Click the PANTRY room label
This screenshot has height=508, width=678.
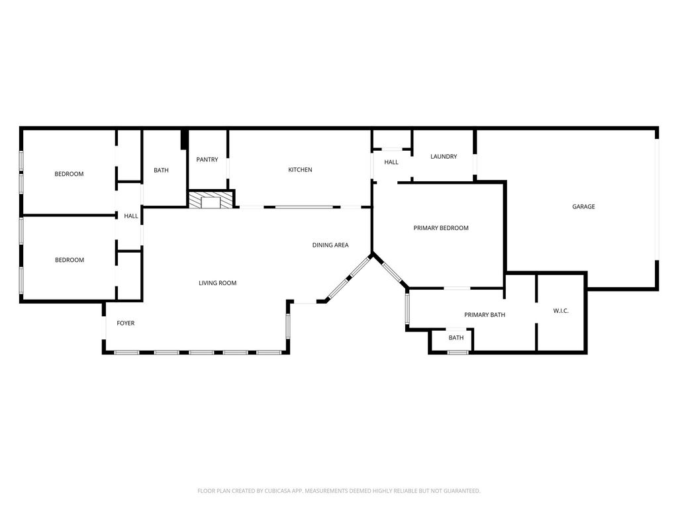pos(207,159)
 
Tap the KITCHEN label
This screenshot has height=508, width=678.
pos(300,170)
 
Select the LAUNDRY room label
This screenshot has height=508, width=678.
pos(444,156)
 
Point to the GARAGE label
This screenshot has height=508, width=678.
pos(583,206)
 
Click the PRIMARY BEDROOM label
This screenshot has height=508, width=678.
pos(440,228)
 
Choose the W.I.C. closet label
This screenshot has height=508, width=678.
pos(561,311)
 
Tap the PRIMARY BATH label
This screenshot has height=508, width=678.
pos(484,314)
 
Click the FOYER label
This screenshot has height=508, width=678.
pos(125,323)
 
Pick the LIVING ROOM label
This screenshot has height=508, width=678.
pos(217,283)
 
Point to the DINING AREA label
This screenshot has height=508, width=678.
pos(330,245)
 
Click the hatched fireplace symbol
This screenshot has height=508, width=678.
pos(211,200)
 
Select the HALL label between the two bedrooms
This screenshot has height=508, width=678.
pos(131,216)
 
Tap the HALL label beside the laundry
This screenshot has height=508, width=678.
pos(391,162)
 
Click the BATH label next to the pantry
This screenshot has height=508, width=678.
pos(161,170)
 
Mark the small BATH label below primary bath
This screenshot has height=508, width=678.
pos(456,338)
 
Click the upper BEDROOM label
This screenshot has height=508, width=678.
pos(69,174)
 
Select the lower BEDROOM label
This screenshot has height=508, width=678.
pos(69,259)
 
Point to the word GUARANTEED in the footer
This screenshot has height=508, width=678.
pos(463,491)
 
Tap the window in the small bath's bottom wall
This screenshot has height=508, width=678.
pos(458,353)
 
